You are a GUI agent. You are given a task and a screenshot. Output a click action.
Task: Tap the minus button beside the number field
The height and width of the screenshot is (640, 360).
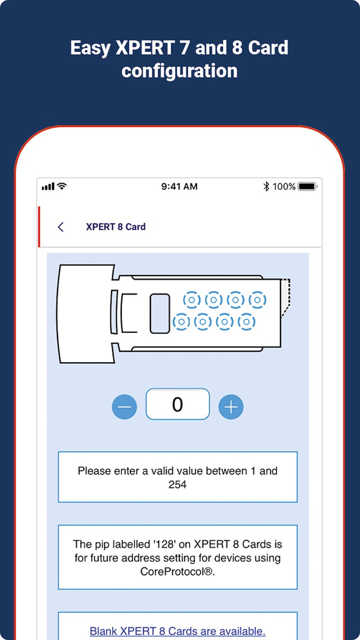[125, 407]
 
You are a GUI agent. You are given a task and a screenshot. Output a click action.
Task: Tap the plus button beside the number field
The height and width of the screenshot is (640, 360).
[231, 407]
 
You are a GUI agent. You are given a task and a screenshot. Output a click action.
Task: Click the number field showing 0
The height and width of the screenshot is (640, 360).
[177, 404]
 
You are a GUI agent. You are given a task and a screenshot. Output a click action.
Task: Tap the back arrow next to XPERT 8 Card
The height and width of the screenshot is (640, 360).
[61, 227]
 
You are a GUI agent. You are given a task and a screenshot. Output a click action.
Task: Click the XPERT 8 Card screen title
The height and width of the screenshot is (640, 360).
[115, 227]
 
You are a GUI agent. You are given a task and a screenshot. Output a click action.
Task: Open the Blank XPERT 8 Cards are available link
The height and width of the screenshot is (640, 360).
[177, 631]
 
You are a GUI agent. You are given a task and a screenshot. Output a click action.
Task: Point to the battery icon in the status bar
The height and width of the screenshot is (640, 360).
[308, 186]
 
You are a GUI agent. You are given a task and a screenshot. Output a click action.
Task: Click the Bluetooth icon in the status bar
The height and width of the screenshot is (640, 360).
[266, 186]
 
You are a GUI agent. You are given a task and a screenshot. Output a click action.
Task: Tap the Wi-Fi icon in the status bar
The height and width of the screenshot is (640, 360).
[61, 186]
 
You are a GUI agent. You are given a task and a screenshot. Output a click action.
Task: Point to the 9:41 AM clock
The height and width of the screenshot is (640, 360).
[180, 186]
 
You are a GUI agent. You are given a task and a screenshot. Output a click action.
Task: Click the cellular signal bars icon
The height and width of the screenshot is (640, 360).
[48, 186]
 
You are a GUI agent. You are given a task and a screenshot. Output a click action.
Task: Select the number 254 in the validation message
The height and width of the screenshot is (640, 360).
[177, 485]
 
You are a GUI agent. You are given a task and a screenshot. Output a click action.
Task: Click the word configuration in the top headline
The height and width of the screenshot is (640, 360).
[179, 70]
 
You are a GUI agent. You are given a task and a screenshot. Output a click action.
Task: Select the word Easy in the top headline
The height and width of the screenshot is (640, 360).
[90, 48]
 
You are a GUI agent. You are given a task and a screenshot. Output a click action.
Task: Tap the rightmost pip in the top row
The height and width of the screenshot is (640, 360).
[257, 300]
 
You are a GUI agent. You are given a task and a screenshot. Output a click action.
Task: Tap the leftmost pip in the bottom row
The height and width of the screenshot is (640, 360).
[181, 322]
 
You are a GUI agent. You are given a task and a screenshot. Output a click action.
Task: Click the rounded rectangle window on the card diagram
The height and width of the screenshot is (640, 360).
[160, 313]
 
